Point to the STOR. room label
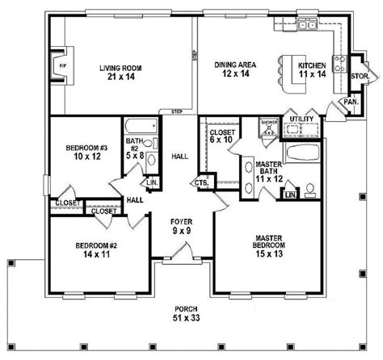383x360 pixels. click(360, 77)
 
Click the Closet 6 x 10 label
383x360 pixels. click(222, 136)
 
